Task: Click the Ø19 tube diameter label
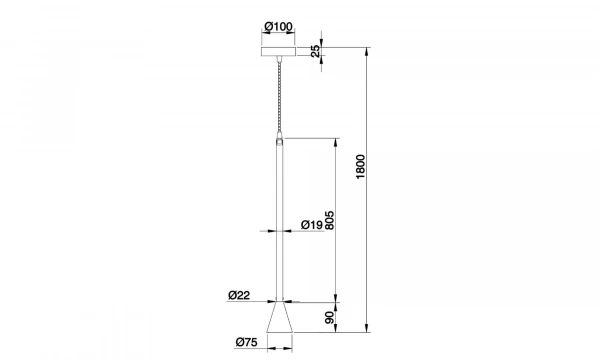(x=310, y=225)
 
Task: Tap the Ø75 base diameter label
(x=247, y=343)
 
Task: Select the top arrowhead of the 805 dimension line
(x=337, y=140)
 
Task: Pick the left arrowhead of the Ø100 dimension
(x=261, y=38)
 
